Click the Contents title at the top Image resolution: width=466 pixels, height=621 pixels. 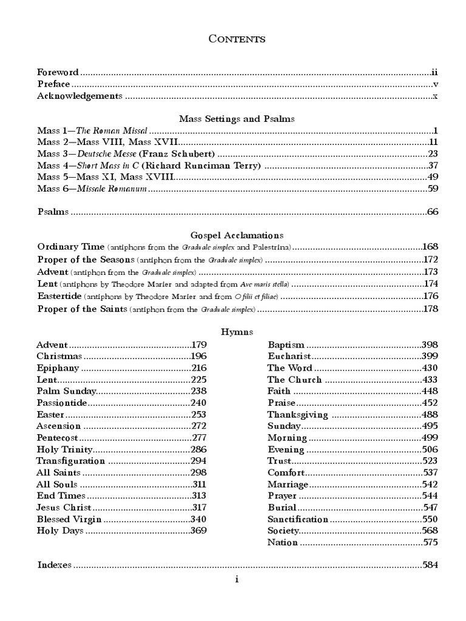pyautogui.click(x=237, y=39)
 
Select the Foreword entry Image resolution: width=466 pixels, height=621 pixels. pyautogui.click(x=58, y=72)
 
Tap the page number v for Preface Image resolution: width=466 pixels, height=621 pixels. pyautogui.click(x=436, y=84)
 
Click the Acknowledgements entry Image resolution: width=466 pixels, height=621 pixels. pyautogui.click(x=79, y=96)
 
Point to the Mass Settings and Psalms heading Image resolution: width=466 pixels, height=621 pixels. pyautogui.click(x=237, y=119)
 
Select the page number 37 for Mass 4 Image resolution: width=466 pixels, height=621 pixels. pyautogui.click(x=433, y=166)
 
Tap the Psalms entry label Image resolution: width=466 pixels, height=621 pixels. pyautogui.click(x=53, y=212)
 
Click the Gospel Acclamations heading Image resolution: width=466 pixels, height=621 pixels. pyautogui.click(x=237, y=235)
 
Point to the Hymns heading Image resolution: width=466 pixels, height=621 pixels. pyautogui.click(x=237, y=332)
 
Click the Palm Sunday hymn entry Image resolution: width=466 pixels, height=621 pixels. pyautogui.click(x=62, y=391)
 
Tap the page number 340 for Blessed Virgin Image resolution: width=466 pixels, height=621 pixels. pyautogui.click(x=198, y=519)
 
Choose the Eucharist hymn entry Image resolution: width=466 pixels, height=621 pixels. pyautogui.click(x=289, y=356)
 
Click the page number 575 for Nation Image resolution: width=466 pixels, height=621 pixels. pyautogui.click(x=430, y=542)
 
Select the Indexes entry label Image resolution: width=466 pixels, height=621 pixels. pyautogui.click(x=55, y=565)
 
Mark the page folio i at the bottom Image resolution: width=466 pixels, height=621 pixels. pyautogui.click(x=237, y=580)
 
